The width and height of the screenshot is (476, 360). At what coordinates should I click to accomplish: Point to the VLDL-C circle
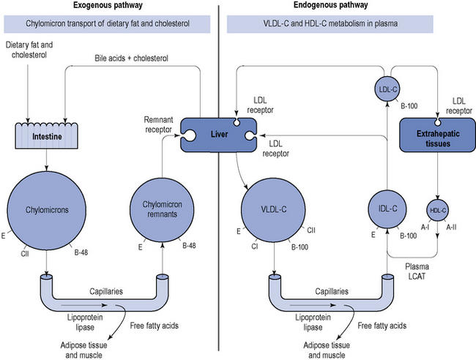coord(275,209)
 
